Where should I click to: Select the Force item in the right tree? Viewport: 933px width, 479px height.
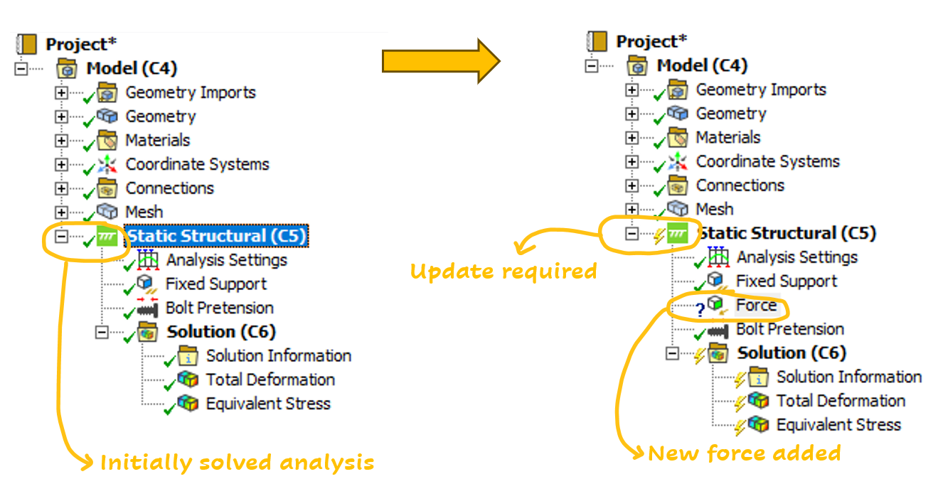tap(756, 306)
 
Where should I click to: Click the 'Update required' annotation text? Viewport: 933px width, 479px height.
tap(503, 271)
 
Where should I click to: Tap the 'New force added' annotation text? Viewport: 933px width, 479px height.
tap(745, 453)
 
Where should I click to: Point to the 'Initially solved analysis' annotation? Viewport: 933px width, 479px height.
tap(237, 463)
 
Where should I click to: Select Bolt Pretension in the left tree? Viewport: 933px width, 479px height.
tap(219, 308)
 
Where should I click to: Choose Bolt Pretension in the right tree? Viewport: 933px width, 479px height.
tap(789, 330)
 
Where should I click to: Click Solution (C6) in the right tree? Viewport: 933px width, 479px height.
tap(791, 353)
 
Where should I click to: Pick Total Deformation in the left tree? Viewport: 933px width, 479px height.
tap(270, 380)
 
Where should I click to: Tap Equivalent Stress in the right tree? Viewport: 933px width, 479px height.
tap(838, 426)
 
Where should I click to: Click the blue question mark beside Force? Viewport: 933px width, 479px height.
tap(699, 309)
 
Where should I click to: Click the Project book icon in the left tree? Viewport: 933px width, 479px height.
tap(27, 44)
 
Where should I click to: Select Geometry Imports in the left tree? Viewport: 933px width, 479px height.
tap(190, 92)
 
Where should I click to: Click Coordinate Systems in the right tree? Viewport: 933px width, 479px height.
tap(767, 161)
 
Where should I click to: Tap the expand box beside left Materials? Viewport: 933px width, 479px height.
tap(61, 141)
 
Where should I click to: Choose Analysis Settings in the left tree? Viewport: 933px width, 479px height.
tap(226, 260)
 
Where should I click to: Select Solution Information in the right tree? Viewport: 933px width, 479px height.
tap(848, 377)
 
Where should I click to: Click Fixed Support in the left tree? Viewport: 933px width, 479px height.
tap(215, 284)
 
